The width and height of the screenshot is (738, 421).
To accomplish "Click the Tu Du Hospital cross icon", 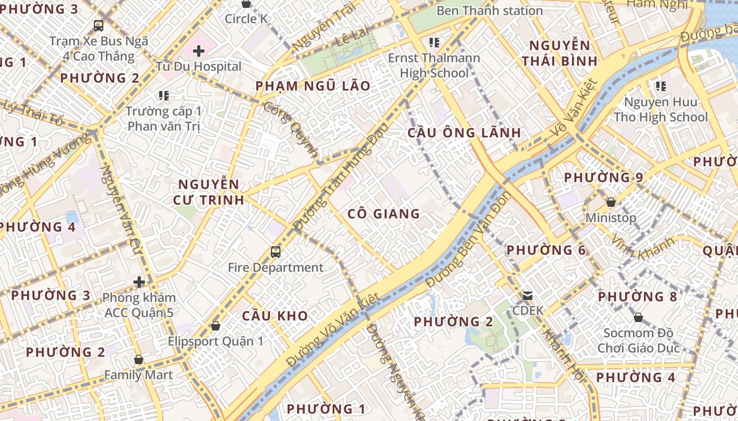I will [x=199, y=51].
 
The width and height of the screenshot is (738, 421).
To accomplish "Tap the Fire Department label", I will [x=276, y=267].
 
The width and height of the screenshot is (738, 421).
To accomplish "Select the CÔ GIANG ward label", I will [x=384, y=214].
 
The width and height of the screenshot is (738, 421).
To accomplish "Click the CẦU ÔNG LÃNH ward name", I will [x=464, y=133].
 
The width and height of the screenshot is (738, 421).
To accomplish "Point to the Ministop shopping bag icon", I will [x=611, y=202].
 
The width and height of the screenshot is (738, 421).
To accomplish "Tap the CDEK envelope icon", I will [x=528, y=296].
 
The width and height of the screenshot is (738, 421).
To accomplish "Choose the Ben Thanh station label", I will [x=490, y=11].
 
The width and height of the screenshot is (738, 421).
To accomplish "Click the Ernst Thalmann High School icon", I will [x=434, y=42].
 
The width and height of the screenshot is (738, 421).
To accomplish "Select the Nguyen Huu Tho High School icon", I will [x=661, y=86].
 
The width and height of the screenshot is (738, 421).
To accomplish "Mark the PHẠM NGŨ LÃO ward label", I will [x=313, y=86].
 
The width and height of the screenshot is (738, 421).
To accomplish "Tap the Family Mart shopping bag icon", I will [x=139, y=360].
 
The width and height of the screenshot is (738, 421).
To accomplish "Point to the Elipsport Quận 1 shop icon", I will [x=215, y=326].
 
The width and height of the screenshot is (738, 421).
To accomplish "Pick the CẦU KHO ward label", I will [x=275, y=316].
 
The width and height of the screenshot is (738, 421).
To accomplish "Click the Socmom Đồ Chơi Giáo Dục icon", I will [x=638, y=317].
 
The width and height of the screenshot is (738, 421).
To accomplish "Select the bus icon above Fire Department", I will [x=276, y=252].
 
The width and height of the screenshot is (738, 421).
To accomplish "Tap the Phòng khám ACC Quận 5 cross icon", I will [x=139, y=283].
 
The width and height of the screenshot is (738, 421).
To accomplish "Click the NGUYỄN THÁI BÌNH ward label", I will [x=560, y=53].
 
